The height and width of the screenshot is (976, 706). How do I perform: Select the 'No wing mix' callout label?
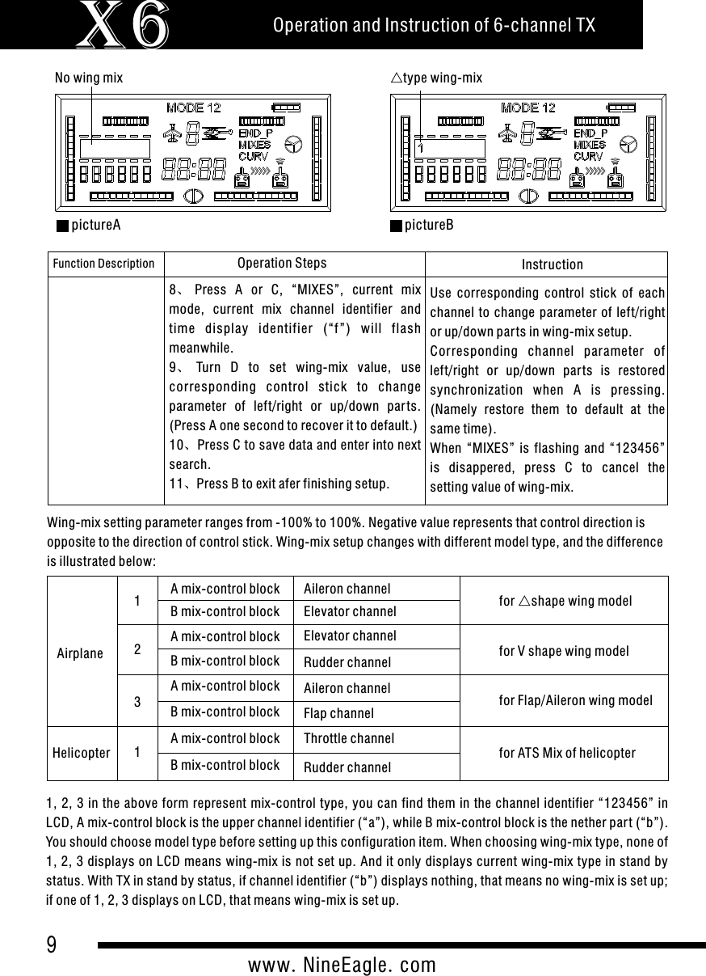point(89,78)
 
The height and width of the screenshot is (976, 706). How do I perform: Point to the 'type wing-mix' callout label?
point(436,78)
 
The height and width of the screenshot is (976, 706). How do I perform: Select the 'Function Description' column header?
point(103,264)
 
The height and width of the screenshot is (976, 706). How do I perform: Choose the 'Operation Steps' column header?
point(282,263)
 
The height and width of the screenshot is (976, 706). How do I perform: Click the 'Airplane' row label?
point(80,652)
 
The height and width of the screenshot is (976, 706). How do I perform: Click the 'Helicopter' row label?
point(82,753)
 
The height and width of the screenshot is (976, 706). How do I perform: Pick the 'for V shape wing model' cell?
point(564,650)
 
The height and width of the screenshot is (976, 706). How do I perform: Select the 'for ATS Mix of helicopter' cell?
point(567,753)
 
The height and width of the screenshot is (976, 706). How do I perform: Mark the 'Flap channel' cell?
point(338,713)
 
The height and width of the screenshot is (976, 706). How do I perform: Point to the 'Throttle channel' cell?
point(348,738)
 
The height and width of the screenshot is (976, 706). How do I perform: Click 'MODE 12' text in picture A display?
point(194,108)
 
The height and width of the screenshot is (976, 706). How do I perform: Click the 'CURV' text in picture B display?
point(589,156)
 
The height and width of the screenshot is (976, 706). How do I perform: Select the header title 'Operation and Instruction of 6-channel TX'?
point(435,25)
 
